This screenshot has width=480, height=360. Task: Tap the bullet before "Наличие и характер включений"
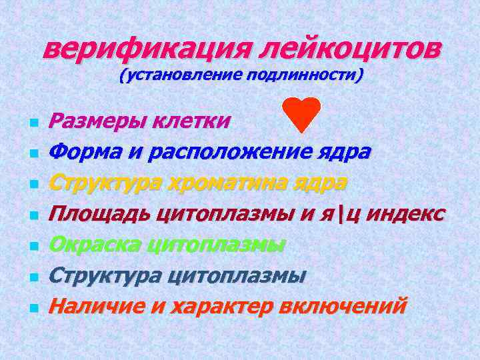pos(33,308)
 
